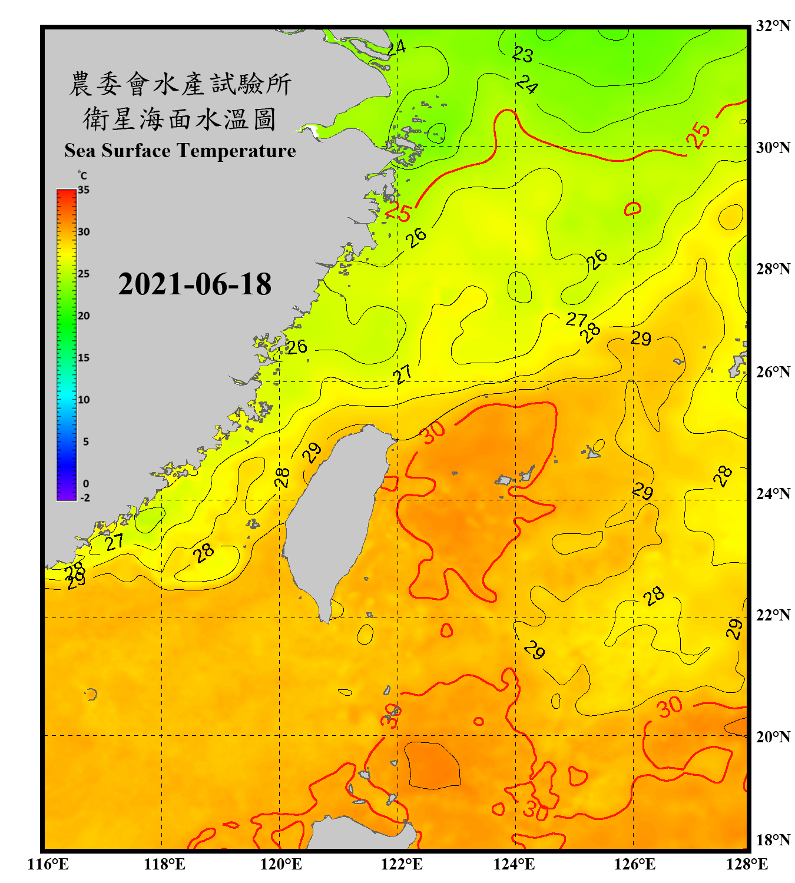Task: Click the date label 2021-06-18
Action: point(194,284)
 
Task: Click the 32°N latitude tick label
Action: point(773,26)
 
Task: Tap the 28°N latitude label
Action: point(773,269)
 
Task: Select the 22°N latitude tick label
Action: point(773,615)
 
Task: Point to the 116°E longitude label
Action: point(48,864)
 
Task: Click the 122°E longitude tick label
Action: point(402,864)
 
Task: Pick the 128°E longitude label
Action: point(747,864)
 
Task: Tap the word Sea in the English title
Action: point(80,151)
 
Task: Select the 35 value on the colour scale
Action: point(84,190)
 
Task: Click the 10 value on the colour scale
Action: point(84,400)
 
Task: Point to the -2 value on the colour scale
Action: point(84,498)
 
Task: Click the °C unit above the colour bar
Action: point(82,175)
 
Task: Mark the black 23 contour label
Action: point(522,55)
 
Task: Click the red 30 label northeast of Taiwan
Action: point(433,433)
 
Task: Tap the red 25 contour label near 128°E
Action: point(699,135)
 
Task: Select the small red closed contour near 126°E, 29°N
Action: point(632,208)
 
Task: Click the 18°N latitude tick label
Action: point(773,840)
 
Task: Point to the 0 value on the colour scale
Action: point(86,484)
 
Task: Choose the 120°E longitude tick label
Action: point(281,864)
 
